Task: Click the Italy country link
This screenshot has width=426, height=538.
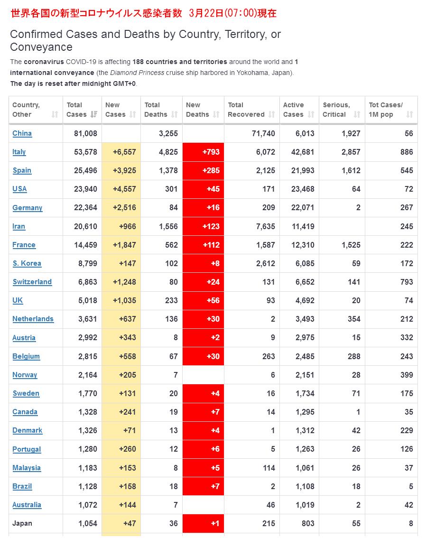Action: [x=19, y=152]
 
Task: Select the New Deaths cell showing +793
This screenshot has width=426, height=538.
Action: [x=203, y=152]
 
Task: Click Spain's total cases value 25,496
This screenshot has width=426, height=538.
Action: [x=85, y=170]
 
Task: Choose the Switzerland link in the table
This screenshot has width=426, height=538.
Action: [x=32, y=282]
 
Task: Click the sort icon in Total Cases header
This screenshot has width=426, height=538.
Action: [x=94, y=114]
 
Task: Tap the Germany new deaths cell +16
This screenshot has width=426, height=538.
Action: [x=203, y=207]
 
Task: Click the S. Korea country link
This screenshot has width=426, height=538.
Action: [x=27, y=263]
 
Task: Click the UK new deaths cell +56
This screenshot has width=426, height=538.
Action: [x=203, y=300]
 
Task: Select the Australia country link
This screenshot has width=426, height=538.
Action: [x=27, y=505]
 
